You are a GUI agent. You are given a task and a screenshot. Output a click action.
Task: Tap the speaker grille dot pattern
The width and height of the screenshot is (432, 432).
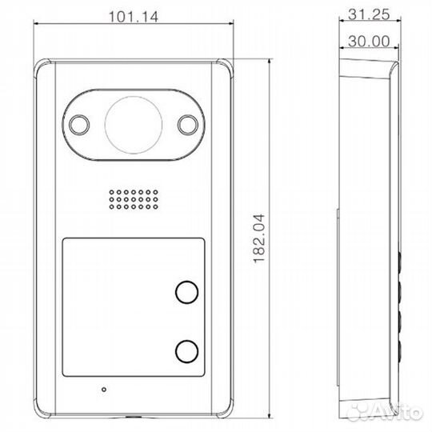pos(133,200)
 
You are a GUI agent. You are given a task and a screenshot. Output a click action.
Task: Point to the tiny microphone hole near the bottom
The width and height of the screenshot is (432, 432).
pos(102,390)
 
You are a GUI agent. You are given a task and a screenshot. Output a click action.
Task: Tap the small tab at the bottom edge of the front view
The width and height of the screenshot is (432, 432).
pos(134,417)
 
